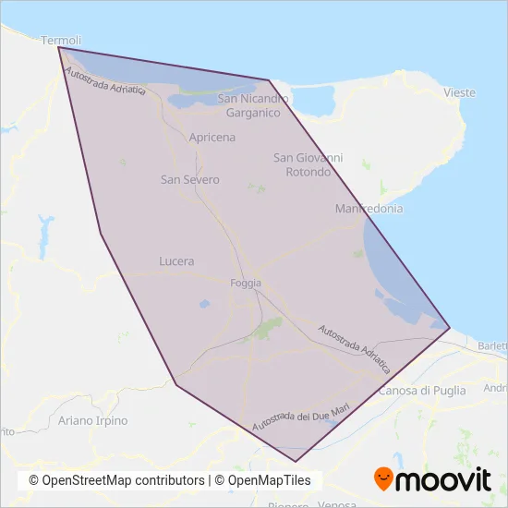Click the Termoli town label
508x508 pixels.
62,41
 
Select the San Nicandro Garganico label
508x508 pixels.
253,105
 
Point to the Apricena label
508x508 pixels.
212,138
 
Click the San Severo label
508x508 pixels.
189,179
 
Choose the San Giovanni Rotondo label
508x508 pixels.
308,165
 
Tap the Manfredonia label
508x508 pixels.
369,209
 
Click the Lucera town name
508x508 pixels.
176,261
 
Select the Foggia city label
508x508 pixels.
246,283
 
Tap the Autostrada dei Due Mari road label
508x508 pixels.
301,413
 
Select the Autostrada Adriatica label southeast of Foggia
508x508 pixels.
354,348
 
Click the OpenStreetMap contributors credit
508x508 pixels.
116,480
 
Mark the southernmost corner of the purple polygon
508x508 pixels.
296,461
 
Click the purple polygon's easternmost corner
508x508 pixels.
450,327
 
